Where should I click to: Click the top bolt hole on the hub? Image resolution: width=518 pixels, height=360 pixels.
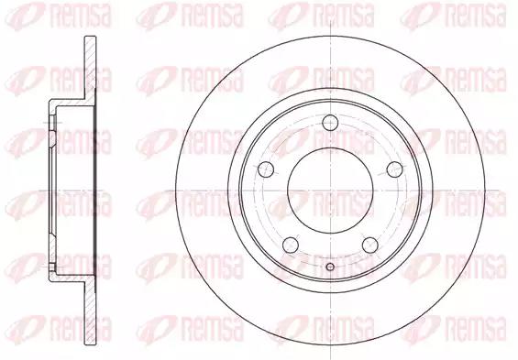pos(330,123)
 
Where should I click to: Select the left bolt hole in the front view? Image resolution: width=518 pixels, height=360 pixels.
pos(266,169)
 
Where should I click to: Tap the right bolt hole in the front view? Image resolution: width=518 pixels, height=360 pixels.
pos(395,169)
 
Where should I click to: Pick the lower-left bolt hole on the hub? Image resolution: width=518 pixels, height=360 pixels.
pos(291,245)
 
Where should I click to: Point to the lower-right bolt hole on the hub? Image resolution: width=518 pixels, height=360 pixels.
pos(370,245)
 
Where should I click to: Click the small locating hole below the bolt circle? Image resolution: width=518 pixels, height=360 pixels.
pos(330,267)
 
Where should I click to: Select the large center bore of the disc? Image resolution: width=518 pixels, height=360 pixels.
pos(330,191)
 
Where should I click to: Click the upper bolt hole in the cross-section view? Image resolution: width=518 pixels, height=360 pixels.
pos(52,123)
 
